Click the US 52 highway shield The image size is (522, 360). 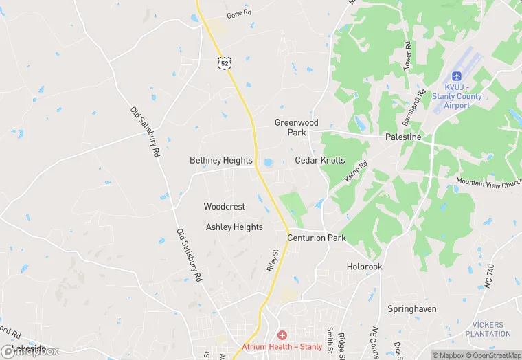225,63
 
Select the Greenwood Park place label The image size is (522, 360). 297,127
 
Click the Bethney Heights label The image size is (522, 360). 221,160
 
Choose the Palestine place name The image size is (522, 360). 403,137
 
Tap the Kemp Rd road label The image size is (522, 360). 356,172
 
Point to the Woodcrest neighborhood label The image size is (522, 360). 224,206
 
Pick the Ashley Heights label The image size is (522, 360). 234,227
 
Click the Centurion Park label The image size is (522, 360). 317,238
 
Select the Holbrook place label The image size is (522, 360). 364,267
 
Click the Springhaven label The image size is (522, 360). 412,309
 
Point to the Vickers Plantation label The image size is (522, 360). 488,330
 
